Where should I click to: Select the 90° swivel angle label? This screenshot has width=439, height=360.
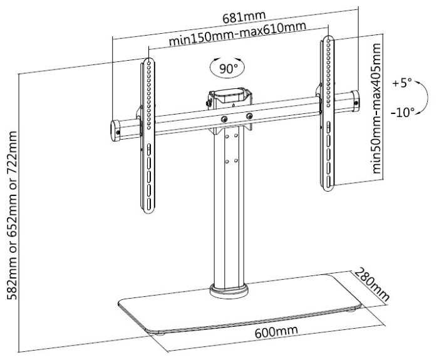(227, 68)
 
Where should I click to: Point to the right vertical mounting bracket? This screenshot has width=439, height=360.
(328, 113)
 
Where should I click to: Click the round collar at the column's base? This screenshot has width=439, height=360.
(230, 289)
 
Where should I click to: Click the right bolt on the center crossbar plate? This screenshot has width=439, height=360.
(249, 116)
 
